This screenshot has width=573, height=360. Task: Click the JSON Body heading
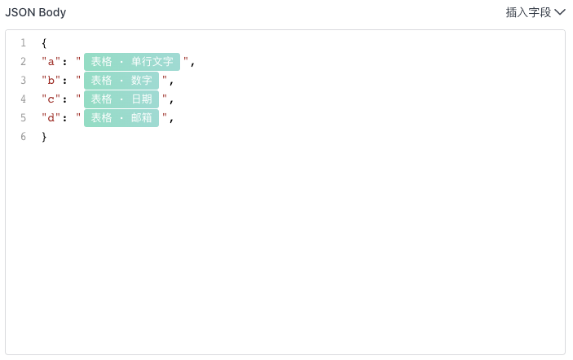click(x=35, y=12)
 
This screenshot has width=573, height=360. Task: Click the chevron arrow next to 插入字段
click(x=560, y=12)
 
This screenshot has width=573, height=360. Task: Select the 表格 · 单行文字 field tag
click(x=132, y=62)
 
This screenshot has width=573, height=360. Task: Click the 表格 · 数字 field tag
click(x=121, y=81)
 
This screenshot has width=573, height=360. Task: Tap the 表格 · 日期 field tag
click(x=121, y=99)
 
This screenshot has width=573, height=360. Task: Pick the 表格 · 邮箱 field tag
click(x=121, y=118)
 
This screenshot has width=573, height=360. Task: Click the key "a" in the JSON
click(x=51, y=61)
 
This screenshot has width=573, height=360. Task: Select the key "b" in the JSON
click(x=51, y=80)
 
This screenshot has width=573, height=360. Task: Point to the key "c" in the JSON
click(x=51, y=99)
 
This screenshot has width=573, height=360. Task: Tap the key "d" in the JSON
click(x=51, y=117)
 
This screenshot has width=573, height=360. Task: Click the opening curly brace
click(x=44, y=43)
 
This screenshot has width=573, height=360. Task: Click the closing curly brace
click(x=44, y=137)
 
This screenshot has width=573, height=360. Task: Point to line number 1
click(x=24, y=42)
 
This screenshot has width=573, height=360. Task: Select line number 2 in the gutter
click(x=24, y=61)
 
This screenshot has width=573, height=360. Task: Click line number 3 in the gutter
click(x=24, y=80)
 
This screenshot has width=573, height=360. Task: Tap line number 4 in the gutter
click(x=24, y=99)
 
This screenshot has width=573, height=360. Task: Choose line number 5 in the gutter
click(x=24, y=117)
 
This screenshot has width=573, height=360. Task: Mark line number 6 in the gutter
click(x=24, y=137)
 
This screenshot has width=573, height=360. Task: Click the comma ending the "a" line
click(x=192, y=64)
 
